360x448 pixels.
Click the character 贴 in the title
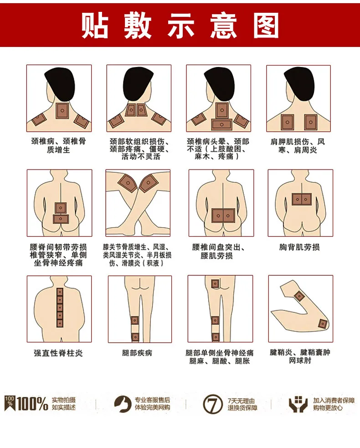(x=95, y=26)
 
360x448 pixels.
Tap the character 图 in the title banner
(x=266, y=26)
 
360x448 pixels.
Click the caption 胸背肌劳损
(x=299, y=247)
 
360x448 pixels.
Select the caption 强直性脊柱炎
(x=58, y=353)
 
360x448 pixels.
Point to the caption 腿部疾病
(x=137, y=353)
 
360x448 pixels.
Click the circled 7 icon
(x=212, y=404)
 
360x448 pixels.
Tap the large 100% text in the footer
(x=32, y=404)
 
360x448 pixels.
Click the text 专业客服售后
(x=152, y=400)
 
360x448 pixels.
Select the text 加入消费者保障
(x=334, y=401)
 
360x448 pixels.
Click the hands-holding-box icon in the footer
(x=298, y=404)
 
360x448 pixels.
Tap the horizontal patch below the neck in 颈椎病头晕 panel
(x=222, y=124)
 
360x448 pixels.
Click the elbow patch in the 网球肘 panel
(x=323, y=324)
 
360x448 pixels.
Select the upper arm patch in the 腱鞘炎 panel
(x=299, y=296)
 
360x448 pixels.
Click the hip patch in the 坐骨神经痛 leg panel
(x=215, y=284)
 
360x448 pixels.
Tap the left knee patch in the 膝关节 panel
(x=128, y=183)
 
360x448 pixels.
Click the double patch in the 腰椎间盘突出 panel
(x=223, y=216)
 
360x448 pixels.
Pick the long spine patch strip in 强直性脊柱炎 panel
(x=60, y=308)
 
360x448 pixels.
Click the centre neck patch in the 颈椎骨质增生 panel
(x=62, y=111)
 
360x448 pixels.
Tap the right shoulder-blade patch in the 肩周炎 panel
(x=310, y=122)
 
